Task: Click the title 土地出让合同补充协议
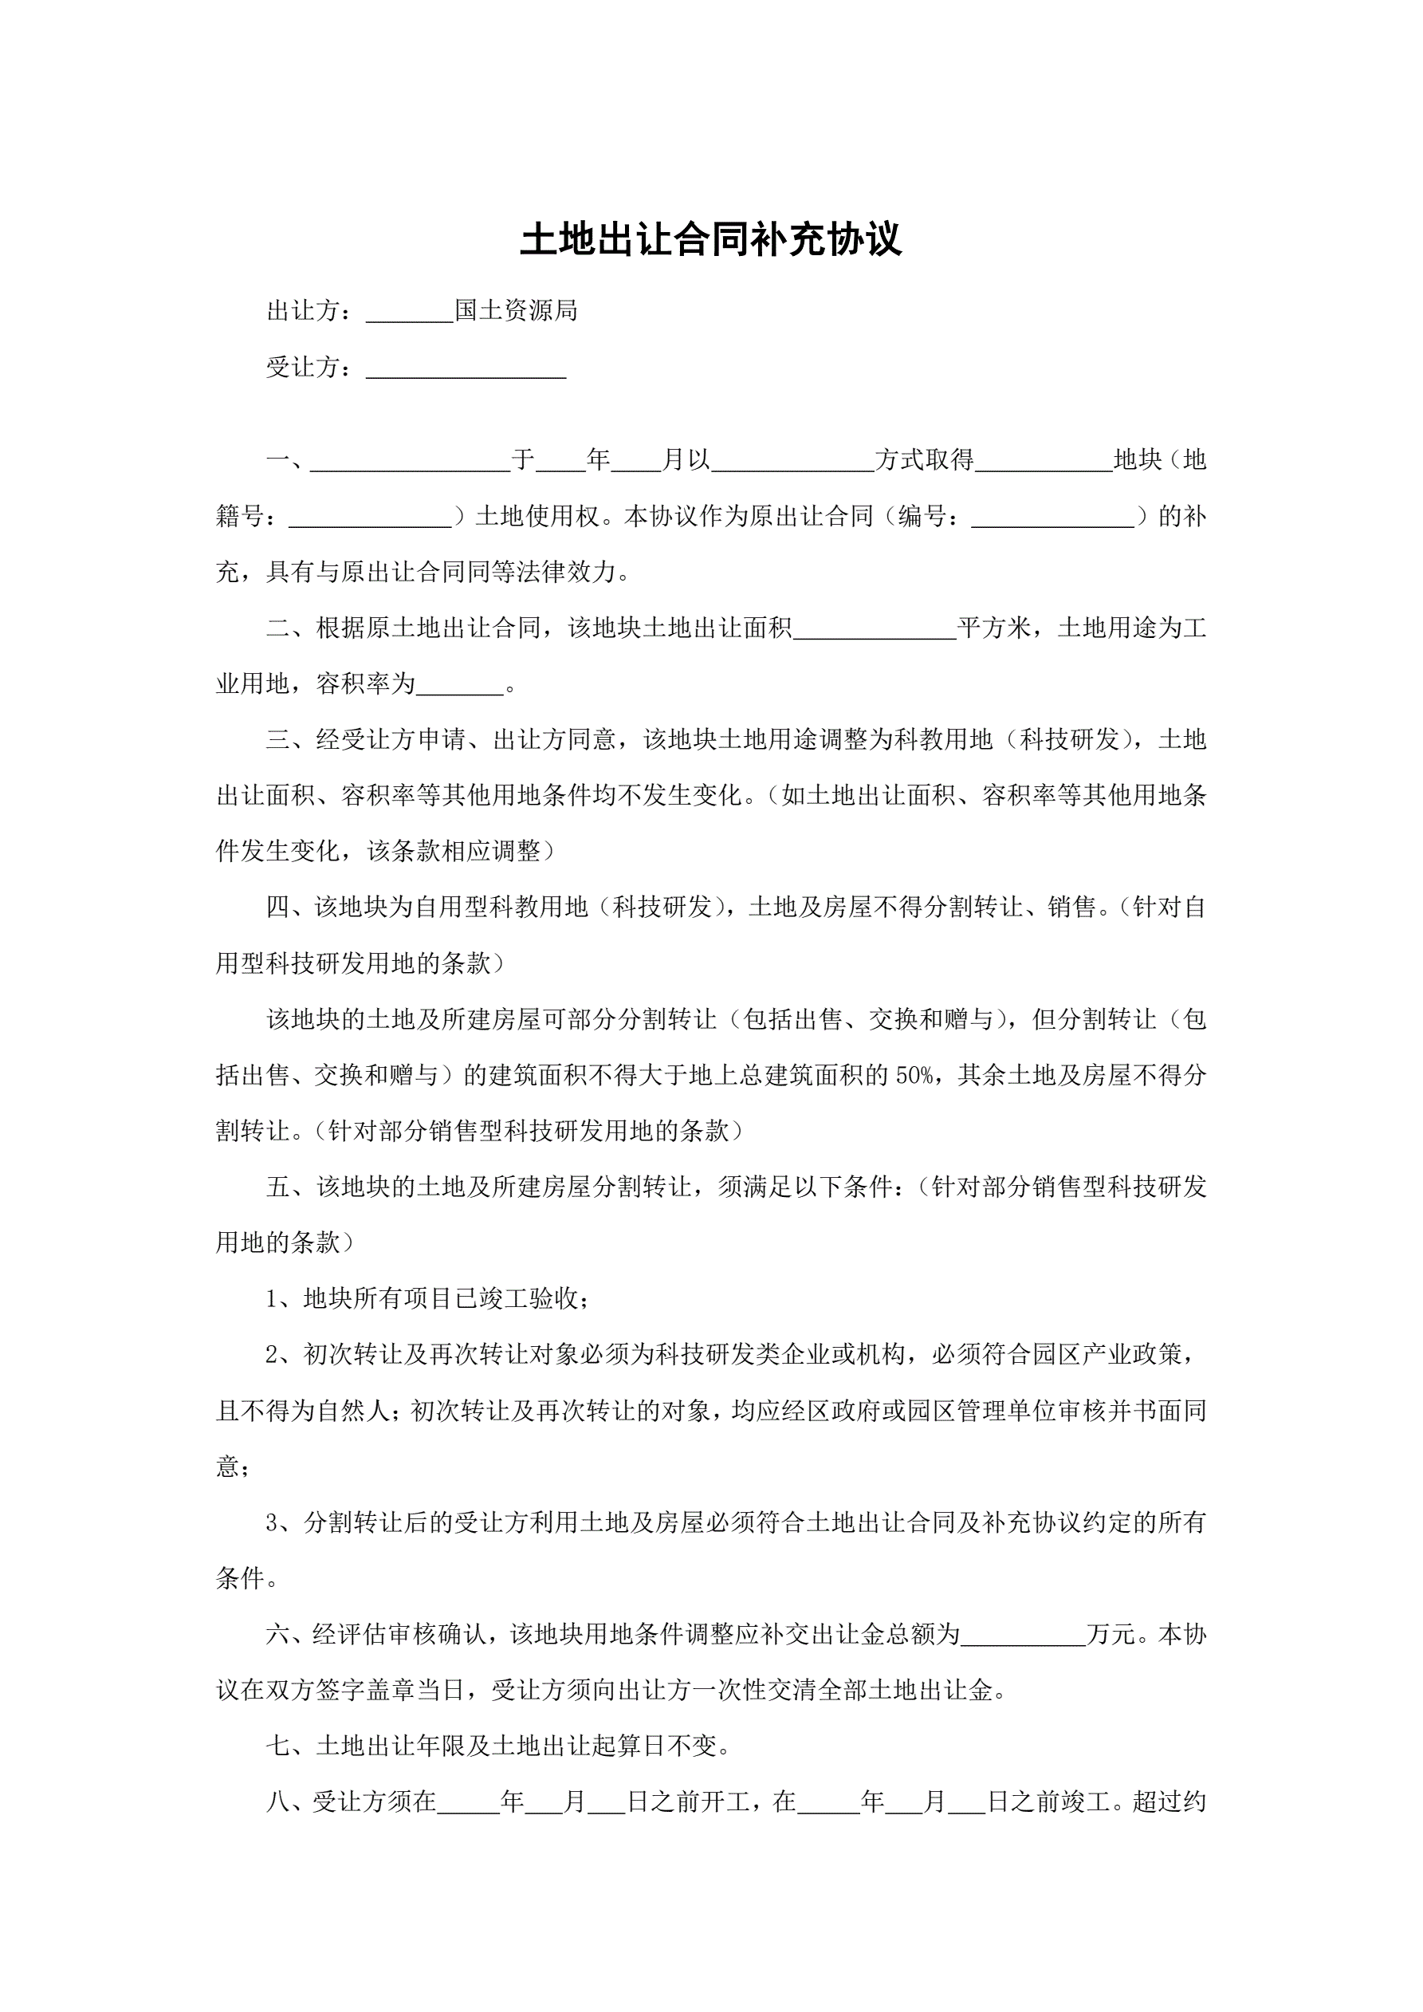[x=710, y=240]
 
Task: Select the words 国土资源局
[x=516, y=311]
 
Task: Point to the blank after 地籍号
[x=370, y=523]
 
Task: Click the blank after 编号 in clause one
[x=1052, y=523]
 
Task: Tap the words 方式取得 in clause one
[x=925, y=460]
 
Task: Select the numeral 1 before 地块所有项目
[x=272, y=1299]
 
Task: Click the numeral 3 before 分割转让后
[x=272, y=1523]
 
